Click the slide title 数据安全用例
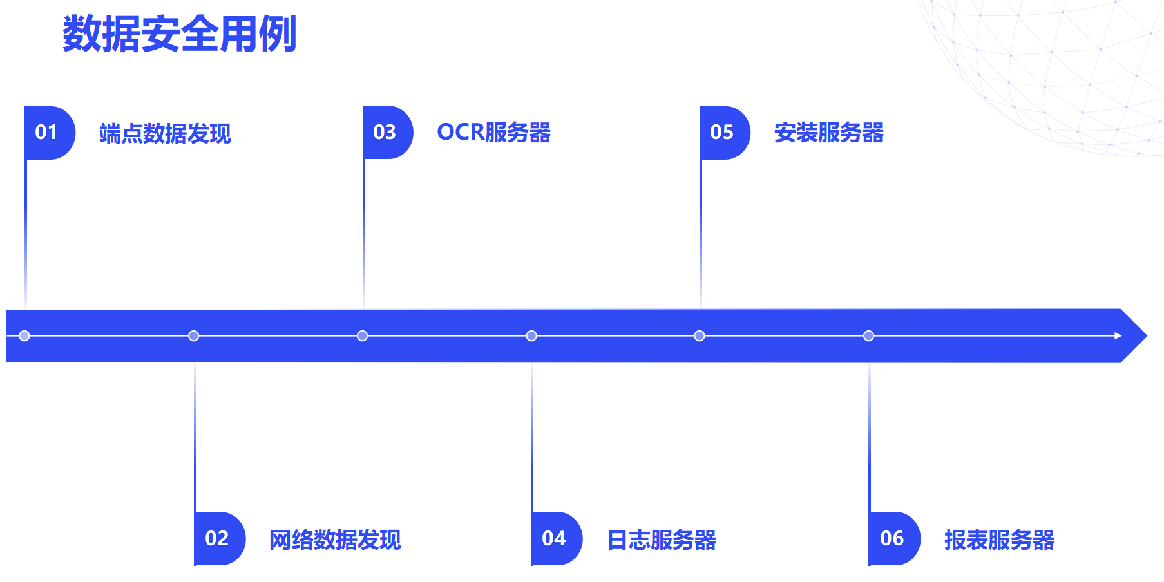click(x=179, y=33)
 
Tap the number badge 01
click(x=48, y=133)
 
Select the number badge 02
click(x=218, y=538)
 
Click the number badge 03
click(x=386, y=133)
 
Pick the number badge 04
click(x=555, y=538)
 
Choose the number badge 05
click(x=723, y=133)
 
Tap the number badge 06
click(x=893, y=538)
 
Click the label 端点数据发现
click(x=165, y=133)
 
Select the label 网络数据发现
click(x=335, y=540)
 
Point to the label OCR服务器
click(x=493, y=133)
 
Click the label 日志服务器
click(x=662, y=540)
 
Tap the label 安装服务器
click(x=828, y=133)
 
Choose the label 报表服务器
click(x=999, y=540)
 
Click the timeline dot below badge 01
click(x=24, y=335)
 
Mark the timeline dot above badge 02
click(x=193, y=335)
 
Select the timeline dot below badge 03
click(x=362, y=335)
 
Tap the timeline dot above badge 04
click(x=531, y=335)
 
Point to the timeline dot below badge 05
click(x=700, y=335)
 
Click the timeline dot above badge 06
click(x=868, y=335)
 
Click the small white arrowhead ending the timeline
click(x=1118, y=335)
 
